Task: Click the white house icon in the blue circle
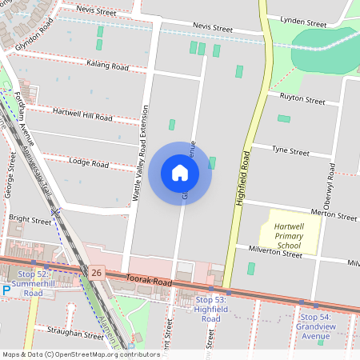click(180, 172)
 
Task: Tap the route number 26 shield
click(97, 274)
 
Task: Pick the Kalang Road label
click(107, 65)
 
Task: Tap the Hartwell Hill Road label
click(82, 114)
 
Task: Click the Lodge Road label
click(89, 163)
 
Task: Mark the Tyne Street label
click(290, 150)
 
